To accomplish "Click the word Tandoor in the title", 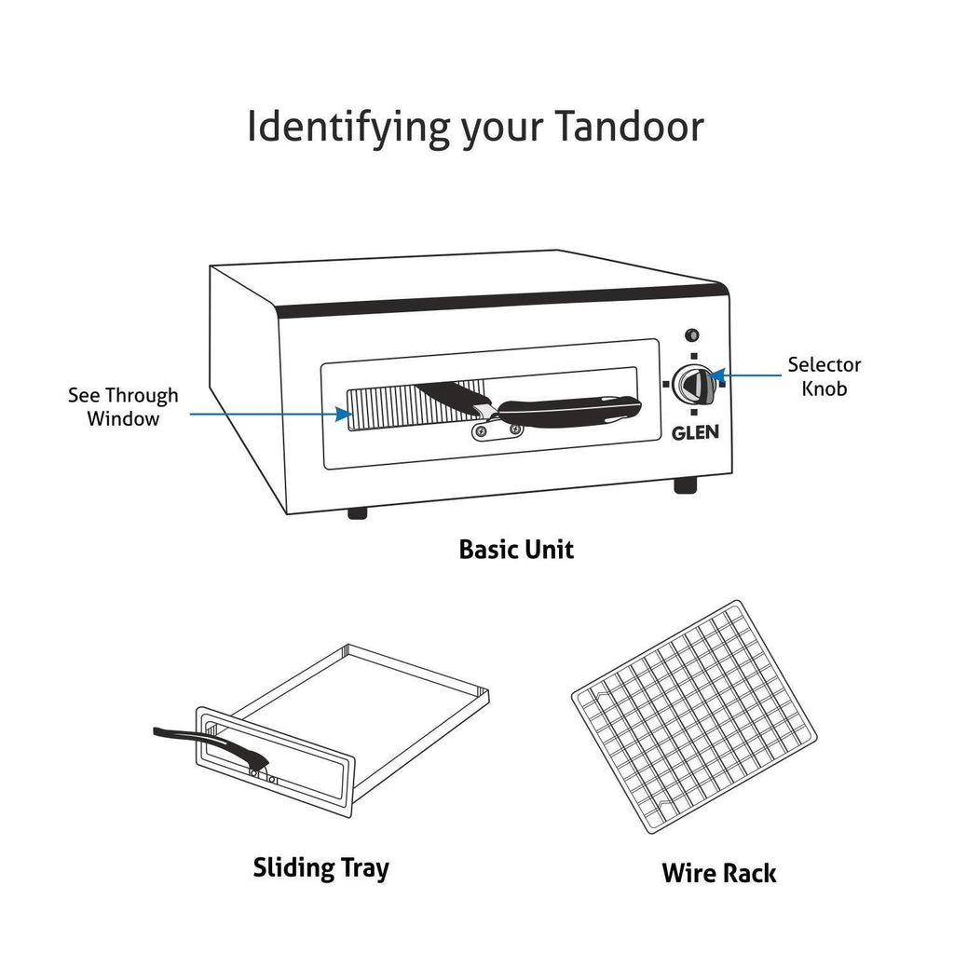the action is point(629,127).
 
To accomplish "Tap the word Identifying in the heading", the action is point(348,129).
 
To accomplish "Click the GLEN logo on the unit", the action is point(695,432).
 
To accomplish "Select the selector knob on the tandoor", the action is point(693,384).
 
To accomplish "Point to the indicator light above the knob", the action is point(692,335).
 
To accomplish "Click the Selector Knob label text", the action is point(824,376).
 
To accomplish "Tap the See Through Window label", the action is point(123,407).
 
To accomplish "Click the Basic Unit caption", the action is point(516,550).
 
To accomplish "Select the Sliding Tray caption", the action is point(320,868).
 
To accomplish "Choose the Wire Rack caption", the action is point(718,873).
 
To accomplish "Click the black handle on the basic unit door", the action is point(568,410).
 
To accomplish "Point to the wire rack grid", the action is point(694,716).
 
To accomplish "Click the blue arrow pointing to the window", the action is point(271,415).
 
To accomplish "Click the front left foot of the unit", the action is point(357,513).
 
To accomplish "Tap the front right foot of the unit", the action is point(685,485).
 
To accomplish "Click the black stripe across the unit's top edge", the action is point(502,300).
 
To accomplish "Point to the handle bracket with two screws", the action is point(497,431).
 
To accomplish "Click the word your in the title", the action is point(502,131).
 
